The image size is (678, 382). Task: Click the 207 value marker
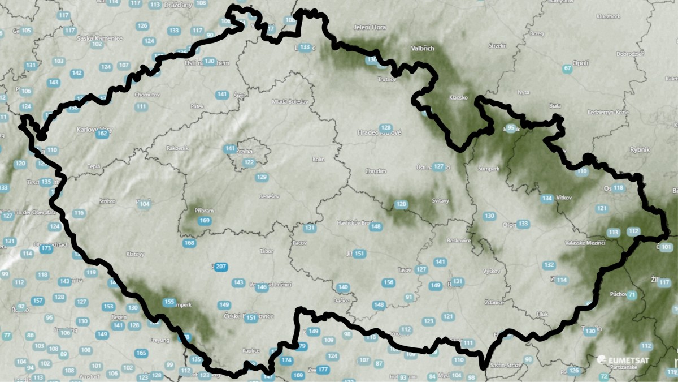[221, 267]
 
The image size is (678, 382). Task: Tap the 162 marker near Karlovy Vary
[102, 134]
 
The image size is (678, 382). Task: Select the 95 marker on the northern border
[511, 128]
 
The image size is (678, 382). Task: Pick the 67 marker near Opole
[567, 69]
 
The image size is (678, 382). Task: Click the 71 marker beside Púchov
[632, 295]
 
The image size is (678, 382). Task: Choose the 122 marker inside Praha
[249, 162]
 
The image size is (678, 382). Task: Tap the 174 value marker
[287, 360]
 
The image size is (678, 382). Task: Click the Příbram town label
[204, 211]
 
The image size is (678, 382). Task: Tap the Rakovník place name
[177, 148]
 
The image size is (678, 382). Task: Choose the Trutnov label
[388, 79]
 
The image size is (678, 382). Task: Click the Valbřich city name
[423, 49]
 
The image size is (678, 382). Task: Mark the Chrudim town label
[376, 171]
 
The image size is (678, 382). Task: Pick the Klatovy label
[136, 254]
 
